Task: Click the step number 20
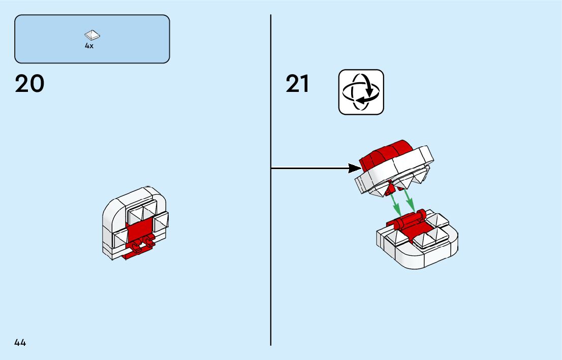click(29, 84)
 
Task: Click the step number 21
click(297, 84)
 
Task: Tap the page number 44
click(20, 343)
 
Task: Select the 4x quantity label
click(89, 46)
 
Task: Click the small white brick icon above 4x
click(92, 35)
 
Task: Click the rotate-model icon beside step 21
click(361, 92)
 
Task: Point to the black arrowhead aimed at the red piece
click(354, 168)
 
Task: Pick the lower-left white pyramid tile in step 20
click(121, 237)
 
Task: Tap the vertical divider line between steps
click(271, 254)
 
